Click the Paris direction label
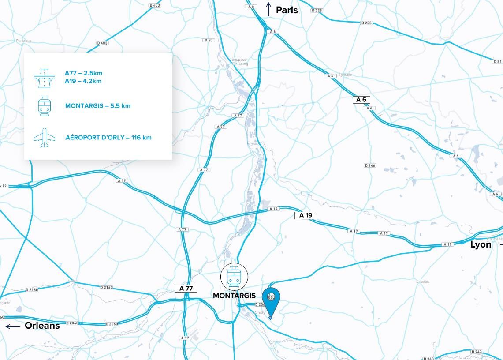(287, 10)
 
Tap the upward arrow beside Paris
(268, 9)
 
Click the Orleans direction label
(42, 326)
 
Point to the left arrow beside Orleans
(13, 326)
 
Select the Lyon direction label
(481, 244)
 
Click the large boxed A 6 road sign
(361, 100)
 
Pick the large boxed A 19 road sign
(306, 215)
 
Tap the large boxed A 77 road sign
(186, 289)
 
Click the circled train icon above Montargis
(234, 277)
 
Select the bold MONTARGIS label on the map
(234, 296)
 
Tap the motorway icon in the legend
(44, 78)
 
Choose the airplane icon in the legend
(45, 138)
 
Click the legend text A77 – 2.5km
(83, 73)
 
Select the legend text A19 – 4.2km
(83, 81)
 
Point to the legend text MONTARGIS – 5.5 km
(98, 106)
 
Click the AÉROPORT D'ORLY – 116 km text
(108, 138)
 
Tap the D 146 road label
(370, 165)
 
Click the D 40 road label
(209, 40)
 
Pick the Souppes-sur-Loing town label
(240, 61)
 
